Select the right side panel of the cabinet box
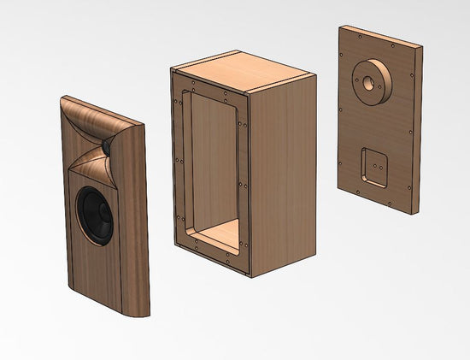coord(286,171)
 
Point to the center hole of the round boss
coord(367,83)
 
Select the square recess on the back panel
coord(373,166)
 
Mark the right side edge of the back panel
coord(417,128)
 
